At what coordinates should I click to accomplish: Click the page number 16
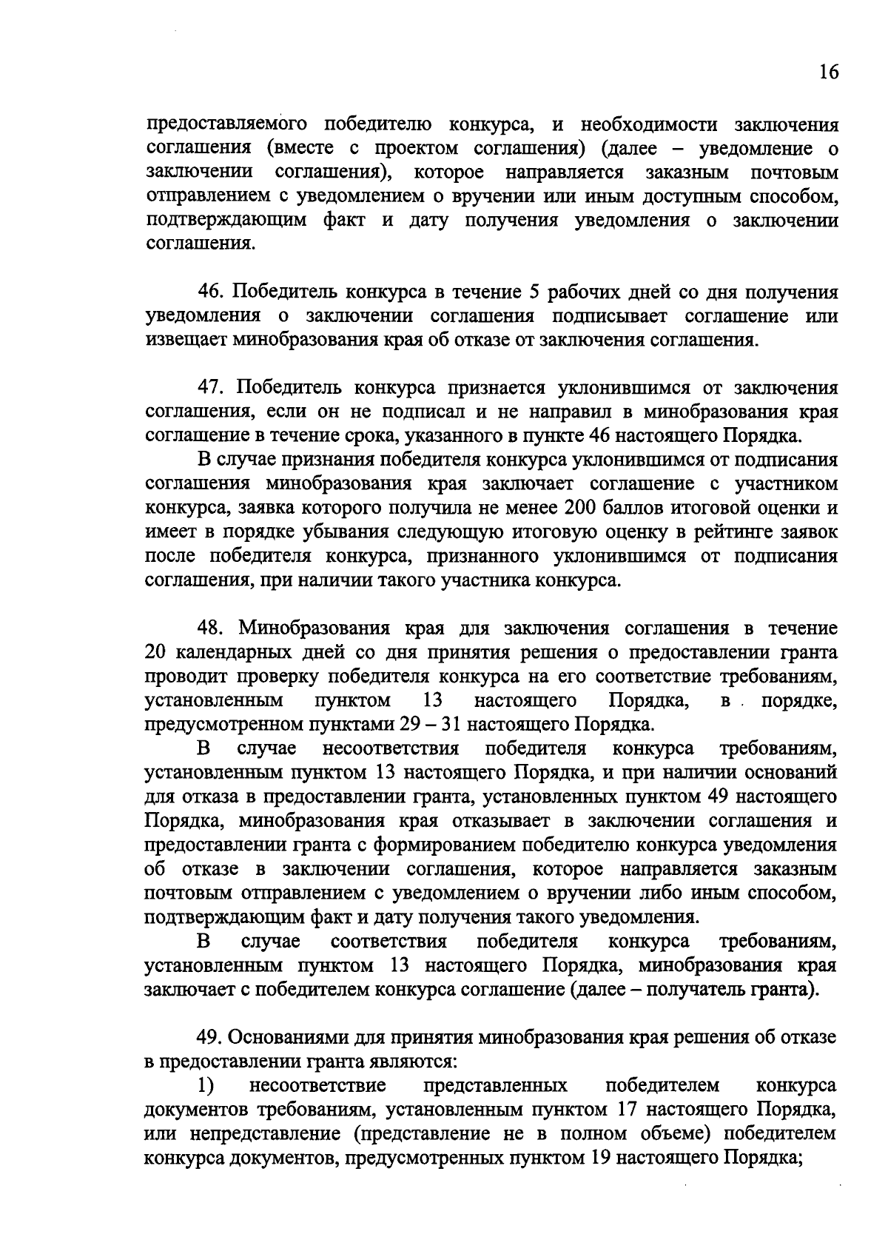[x=828, y=73]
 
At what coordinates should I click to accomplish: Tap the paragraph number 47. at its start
[x=215, y=388]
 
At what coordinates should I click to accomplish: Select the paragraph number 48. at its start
[x=215, y=628]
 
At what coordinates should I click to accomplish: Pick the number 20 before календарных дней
[x=157, y=652]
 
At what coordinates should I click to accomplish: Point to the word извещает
[x=186, y=341]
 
